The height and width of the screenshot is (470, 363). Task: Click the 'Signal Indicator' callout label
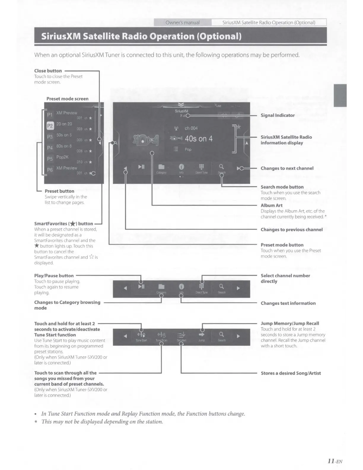(x=277, y=115)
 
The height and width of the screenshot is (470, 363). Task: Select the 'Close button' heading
(x=48, y=71)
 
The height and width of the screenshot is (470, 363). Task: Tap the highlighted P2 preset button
(x=50, y=126)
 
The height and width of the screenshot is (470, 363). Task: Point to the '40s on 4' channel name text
(x=198, y=139)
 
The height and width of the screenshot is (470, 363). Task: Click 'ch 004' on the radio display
(x=191, y=128)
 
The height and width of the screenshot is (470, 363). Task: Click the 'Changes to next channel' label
(x=287, y=168)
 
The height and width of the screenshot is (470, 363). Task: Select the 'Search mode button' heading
(x=282, y=187)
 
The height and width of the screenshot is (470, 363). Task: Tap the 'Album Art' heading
(x=271, y=205)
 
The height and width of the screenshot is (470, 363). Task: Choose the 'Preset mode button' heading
(x=282, y=245)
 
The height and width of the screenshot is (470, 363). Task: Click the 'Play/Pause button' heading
(x=54, y=276)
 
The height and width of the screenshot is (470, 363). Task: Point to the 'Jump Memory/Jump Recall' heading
(x=290, y=323)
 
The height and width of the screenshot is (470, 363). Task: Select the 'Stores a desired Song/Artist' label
(x=291, y=373)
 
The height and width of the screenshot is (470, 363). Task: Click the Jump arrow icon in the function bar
(x=201, y=335)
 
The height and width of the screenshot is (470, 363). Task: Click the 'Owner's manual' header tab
(x=182, y=23)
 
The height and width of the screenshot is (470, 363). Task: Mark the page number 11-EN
(x=335, y=461)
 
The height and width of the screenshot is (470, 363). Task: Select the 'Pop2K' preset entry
(x=62, y=157)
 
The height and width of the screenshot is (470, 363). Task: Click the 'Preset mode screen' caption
(x=67, y=99)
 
